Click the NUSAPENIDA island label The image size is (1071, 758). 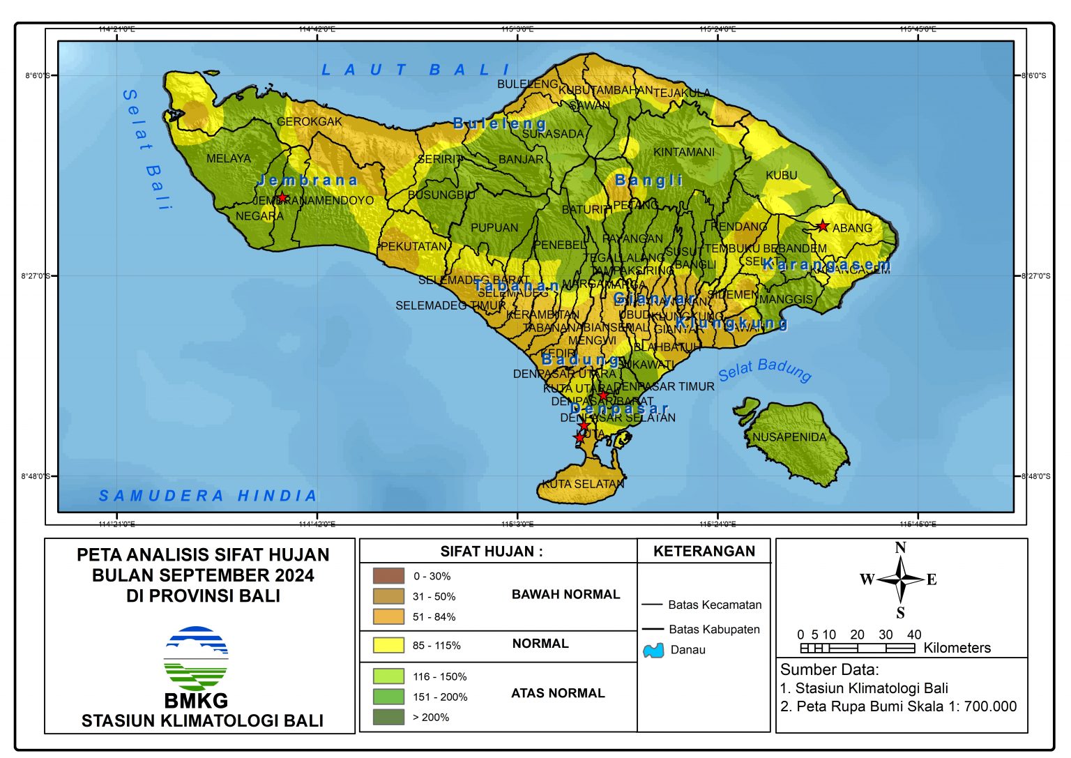[789, 437]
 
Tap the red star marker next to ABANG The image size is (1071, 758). [823, 226]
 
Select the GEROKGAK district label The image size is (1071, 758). [310, 121]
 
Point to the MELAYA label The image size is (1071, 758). [228, 158]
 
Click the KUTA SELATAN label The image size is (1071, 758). [583, 483]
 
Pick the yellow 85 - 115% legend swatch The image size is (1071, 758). [388, 645]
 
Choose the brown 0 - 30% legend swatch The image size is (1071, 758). [388, 576]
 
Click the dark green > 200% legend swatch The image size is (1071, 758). [388, 717]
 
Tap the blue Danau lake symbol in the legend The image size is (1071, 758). [653, 650]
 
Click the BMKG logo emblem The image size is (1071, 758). [196, 658]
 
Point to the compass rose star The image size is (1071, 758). [900, 579]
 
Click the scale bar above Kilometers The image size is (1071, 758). [857, 648]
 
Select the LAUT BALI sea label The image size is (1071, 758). [416, 70]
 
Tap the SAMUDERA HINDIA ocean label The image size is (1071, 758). [208, 496]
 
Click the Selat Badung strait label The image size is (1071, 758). [765, 370]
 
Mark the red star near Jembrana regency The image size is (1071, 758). [282, 197]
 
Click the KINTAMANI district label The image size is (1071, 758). [683, 152]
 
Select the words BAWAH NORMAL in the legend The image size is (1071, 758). [565, 594]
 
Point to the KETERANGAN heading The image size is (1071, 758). [704, 551]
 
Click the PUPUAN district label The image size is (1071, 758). [494, 227]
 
